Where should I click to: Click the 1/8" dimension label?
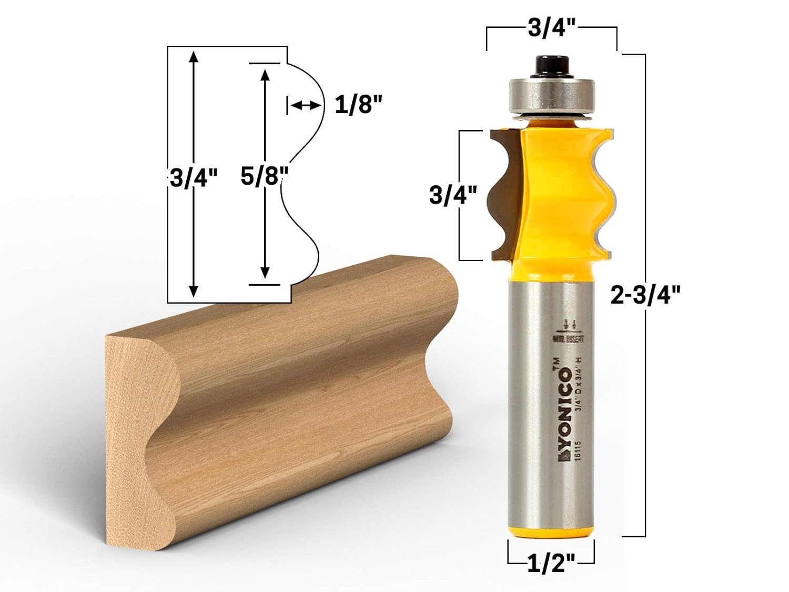(x=358, y=105)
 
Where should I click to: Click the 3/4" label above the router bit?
(x=551, y=28)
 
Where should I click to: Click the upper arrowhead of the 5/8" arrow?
(x=265, y=75)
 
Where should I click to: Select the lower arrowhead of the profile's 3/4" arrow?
(x=194, y=290)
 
